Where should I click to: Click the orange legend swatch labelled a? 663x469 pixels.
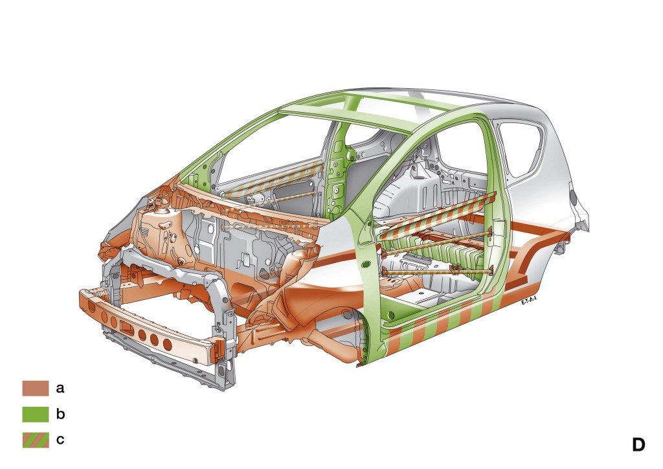click(x=36, y=388)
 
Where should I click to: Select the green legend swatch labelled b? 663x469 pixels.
click(x=36, y=414)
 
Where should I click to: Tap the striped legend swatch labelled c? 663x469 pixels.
click(x=36, y=440)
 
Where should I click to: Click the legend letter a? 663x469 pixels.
click(x=60, y=388)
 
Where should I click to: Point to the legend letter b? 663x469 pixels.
click(x=60, y=413)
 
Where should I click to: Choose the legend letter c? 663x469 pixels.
click(x=60, y=440)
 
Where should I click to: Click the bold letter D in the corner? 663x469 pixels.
click(x=638, y=444)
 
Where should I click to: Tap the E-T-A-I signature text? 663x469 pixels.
click(x=529, y=301)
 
